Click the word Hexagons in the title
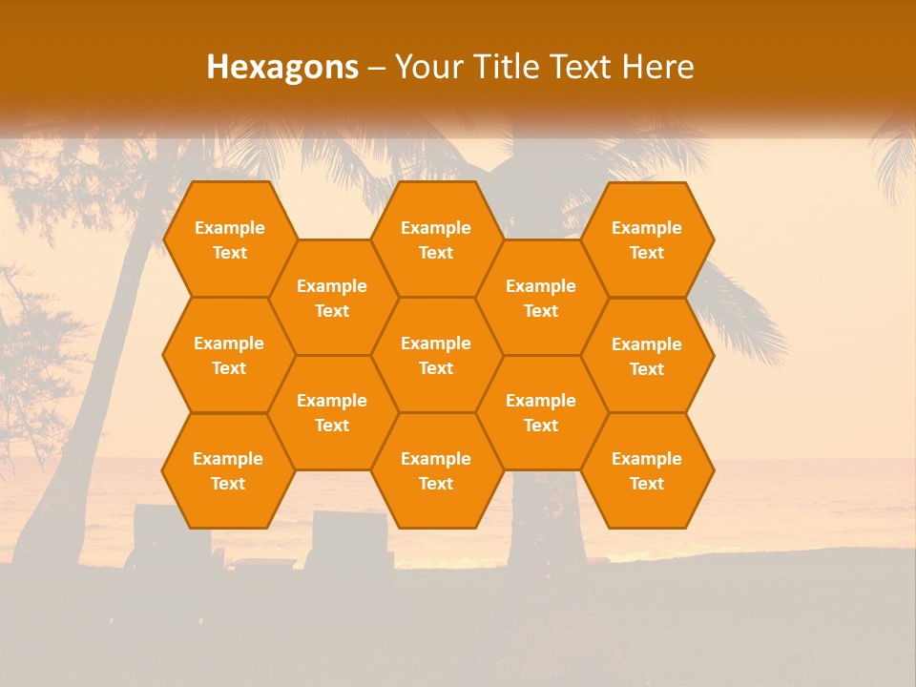click(282, 67)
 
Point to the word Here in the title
click(658, 67)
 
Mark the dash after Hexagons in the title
click(376, 67)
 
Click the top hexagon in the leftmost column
click(229, 239)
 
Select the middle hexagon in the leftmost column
click(229, 355)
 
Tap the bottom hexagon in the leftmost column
click(228, 470)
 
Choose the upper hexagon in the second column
click(332, 298)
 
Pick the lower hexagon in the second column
click(332, 412)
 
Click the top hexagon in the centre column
click(436, 239)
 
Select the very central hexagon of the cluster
click(436, 355)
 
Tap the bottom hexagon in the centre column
click(436, 470)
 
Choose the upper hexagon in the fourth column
click(541, 298)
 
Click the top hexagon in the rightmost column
click(647, 239)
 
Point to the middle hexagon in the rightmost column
click(647, 356)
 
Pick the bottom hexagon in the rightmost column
click(647, 470)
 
